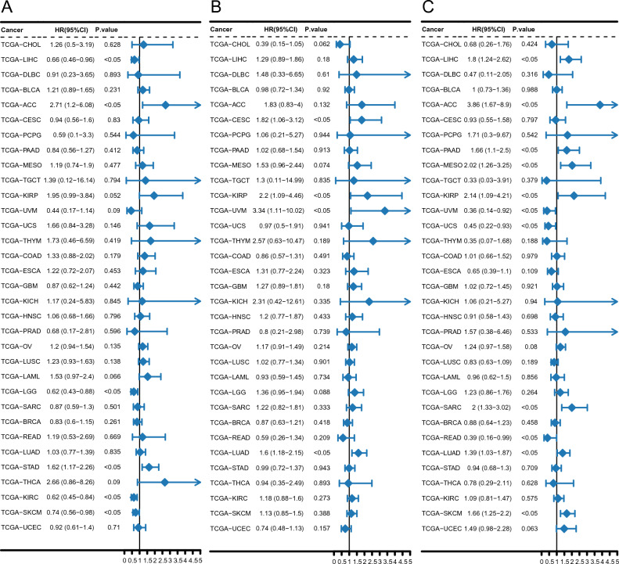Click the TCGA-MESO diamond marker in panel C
pos(571,165)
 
